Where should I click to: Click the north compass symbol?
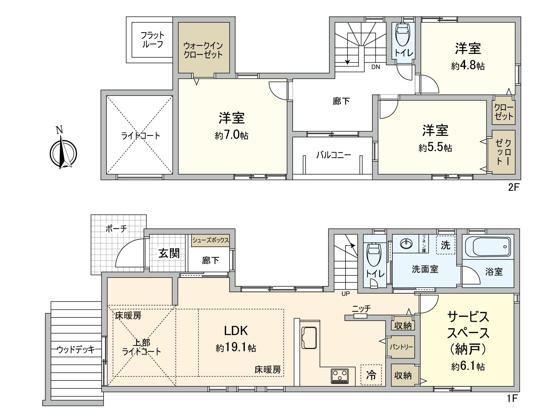click(x=63, y=153)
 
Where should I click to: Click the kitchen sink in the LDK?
click(x=309, y=337)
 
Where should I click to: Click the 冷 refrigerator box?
click(x=371, y=375)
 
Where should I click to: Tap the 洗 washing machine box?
click(x=445, y=245)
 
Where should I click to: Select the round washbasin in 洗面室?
click(x=406, y=243)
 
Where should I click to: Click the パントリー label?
click(x=401, y=347)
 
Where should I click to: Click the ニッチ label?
click(x=361, y=308)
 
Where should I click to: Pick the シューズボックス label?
click(x=210, y=240)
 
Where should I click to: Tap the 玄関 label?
click(x=169, y=253)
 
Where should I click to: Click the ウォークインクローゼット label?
click(x=203, y=50)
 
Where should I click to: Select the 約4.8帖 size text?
click(x=468, y=65)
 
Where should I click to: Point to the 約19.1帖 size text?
click(x=236, y=348)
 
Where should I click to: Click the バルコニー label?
click(x=333, y=155)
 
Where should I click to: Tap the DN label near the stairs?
click(x=376, y=67)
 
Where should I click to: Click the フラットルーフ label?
click(x=152, y=40)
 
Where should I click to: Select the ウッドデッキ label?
click(x=76, y=349)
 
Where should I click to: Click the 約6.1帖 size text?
click(x=468, y=366)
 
